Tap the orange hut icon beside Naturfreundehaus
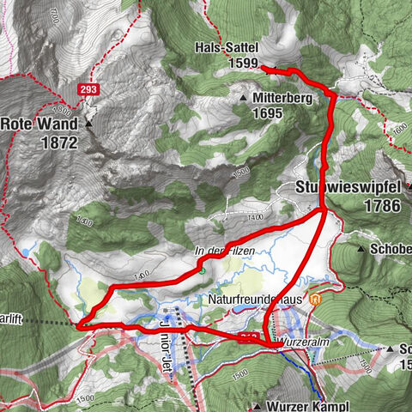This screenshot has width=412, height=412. point(316,300)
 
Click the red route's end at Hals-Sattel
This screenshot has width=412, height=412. point(262,67)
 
